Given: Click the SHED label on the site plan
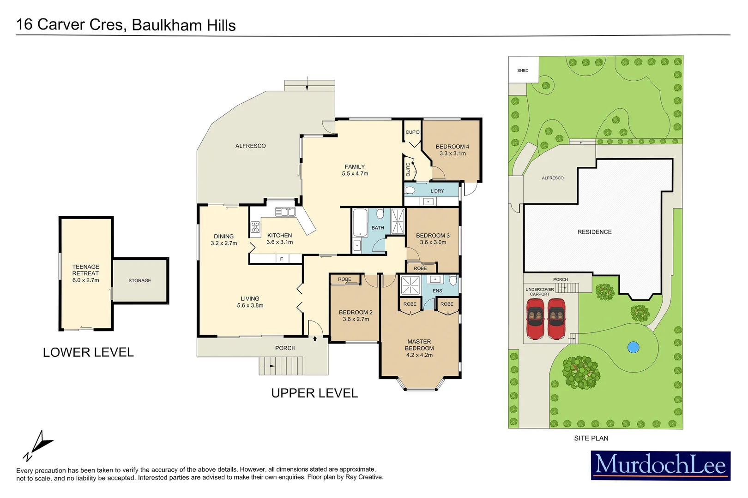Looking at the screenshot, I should tap(523, 71).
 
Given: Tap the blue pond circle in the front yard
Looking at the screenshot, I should tap(633, 347).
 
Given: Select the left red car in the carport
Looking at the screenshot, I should tap(536, 318).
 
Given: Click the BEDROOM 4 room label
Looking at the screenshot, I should tap(452, 147).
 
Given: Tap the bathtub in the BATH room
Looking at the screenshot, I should tap(360, 223).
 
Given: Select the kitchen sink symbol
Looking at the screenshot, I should tap(285, 212).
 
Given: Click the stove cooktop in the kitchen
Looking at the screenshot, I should tap(255, 227).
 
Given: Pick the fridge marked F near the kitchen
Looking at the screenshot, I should tap(282, 259).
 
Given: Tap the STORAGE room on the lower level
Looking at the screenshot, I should tap(140, 280).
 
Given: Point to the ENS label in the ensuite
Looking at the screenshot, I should tap(437, 291).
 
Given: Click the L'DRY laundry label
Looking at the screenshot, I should tap(437, 191).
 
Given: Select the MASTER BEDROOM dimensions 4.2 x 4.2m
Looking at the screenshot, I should tap(419, 355).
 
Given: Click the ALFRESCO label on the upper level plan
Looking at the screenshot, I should tap(250, 146).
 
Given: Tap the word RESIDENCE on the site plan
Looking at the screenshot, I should tap(594, 232).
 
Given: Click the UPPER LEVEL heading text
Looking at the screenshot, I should tap(314, 393).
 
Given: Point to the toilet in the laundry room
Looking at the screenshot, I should tap(410, 190).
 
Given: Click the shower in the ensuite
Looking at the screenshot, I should tap(410, 285).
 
